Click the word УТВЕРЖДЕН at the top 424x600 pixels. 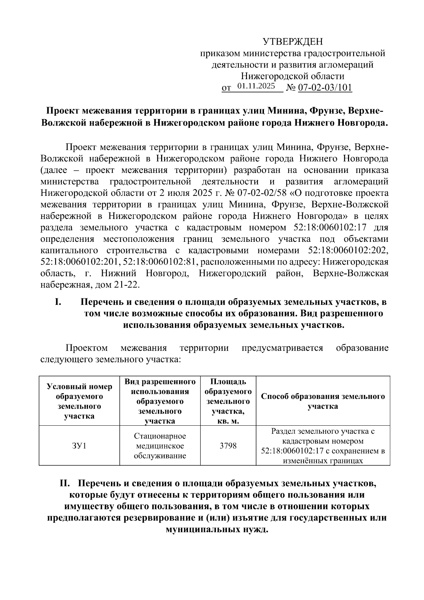293,42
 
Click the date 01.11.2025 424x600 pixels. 256,86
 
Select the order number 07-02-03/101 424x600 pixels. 325,88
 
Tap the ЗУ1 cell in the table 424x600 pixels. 79,445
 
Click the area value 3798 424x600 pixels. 228,445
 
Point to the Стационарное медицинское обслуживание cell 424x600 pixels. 160,445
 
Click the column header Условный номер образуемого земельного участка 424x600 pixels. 79,401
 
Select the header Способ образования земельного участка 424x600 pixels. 323,401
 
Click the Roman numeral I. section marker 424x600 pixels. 58,302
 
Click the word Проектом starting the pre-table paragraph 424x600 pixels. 87,348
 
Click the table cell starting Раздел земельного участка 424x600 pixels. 323,445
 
